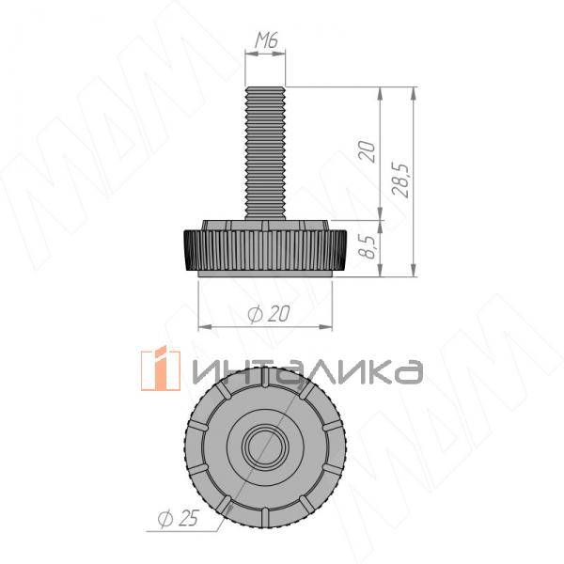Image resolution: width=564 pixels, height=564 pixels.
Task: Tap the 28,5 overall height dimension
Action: (400, 180)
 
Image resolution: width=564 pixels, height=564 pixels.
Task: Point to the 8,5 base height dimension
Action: (368, 248)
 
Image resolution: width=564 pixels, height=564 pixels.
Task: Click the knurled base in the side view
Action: (264, 250)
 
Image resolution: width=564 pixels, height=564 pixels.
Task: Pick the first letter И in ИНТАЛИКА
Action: (206, 372)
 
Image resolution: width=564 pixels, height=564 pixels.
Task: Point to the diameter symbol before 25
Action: (164, 518)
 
